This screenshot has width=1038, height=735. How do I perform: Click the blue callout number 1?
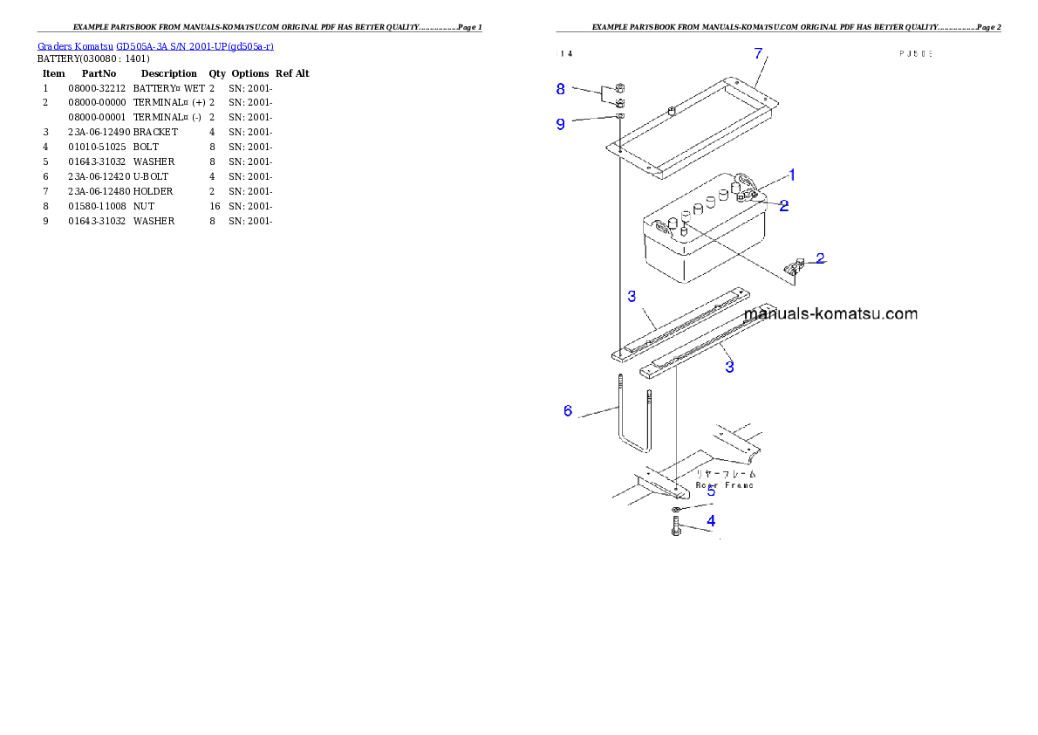[792, 174]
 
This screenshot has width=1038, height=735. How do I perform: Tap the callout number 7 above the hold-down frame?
[758, 53]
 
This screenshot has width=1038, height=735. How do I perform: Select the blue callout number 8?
[561, 88]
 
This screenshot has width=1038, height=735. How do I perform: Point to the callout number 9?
[561, 124]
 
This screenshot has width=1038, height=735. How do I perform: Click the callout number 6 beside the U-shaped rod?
[568, 410]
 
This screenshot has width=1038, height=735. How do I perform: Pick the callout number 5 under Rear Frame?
[711, 491]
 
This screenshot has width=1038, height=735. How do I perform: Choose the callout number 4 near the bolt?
[711, 521]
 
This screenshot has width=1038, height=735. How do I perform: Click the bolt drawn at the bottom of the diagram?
[675, 526]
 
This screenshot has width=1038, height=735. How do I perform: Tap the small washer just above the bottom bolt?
[677, 509]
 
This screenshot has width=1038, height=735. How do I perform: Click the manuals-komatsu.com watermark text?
[831, 314]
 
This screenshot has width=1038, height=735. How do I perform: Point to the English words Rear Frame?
[725, 484]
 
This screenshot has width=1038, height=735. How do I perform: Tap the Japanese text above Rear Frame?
[726, 473]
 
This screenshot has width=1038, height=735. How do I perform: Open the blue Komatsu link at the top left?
[155, 46]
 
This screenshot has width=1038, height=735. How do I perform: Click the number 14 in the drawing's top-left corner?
[566, 53]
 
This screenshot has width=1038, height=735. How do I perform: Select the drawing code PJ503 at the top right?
[916, 53]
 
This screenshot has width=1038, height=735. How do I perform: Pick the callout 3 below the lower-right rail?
[729, 367]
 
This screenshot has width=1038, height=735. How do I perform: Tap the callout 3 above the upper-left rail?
[632, 297]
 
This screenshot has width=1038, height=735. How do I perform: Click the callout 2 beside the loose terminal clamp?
[820, 258]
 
